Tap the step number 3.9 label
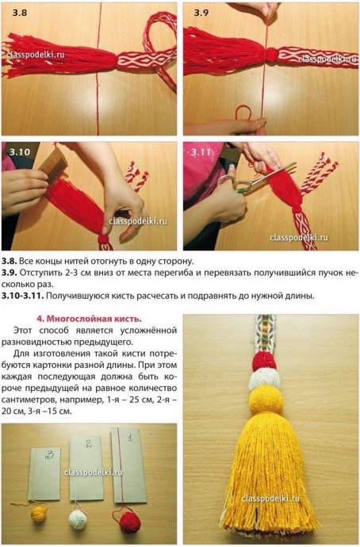pyautogui.click(x=201, y=12)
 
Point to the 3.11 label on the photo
pyautogui.click(x=202, y=151)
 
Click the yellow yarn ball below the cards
pyautogui.click(x=39, y=515)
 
